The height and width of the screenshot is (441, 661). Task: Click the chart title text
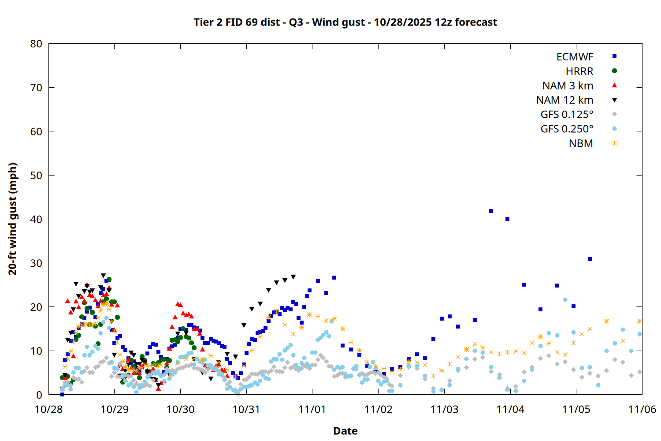(x=345, y=22)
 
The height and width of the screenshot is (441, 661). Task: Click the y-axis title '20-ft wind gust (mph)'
(x=13, y=219)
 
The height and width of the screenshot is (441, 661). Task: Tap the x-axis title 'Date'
(x=345, y=431)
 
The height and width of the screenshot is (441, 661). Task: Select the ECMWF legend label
(x=575, y=57)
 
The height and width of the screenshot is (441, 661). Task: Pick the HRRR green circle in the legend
(x=614, y=71)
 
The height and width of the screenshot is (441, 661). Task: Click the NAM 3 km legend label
(x=568, y=86)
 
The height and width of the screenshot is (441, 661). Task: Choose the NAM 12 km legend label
(x=564, y=100)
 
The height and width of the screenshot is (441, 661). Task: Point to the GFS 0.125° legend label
(x=567, y=115)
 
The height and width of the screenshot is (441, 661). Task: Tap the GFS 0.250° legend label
(x=567, y=129)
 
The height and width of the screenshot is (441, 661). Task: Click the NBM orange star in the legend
(x=614, y=143)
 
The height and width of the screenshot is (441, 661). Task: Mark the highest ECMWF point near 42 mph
(x=491, y=211)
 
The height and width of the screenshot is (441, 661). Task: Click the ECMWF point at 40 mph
(x=507, y=219)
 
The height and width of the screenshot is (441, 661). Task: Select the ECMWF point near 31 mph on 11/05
(x=590, y=259)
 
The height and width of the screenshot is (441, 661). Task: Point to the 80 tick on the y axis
(x=37, y=44)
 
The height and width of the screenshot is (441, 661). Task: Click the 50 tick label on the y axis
(x=37, y=176)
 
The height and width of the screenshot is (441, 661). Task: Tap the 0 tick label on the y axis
(x=39, y=395)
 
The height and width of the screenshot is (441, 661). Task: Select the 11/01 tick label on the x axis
(x=312, y=409)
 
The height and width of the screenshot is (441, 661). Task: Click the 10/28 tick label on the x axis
(x=48, y=409)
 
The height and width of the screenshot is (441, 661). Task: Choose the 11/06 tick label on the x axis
(x=642, y=409)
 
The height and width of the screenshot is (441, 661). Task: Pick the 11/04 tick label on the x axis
(x=510, y=409)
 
